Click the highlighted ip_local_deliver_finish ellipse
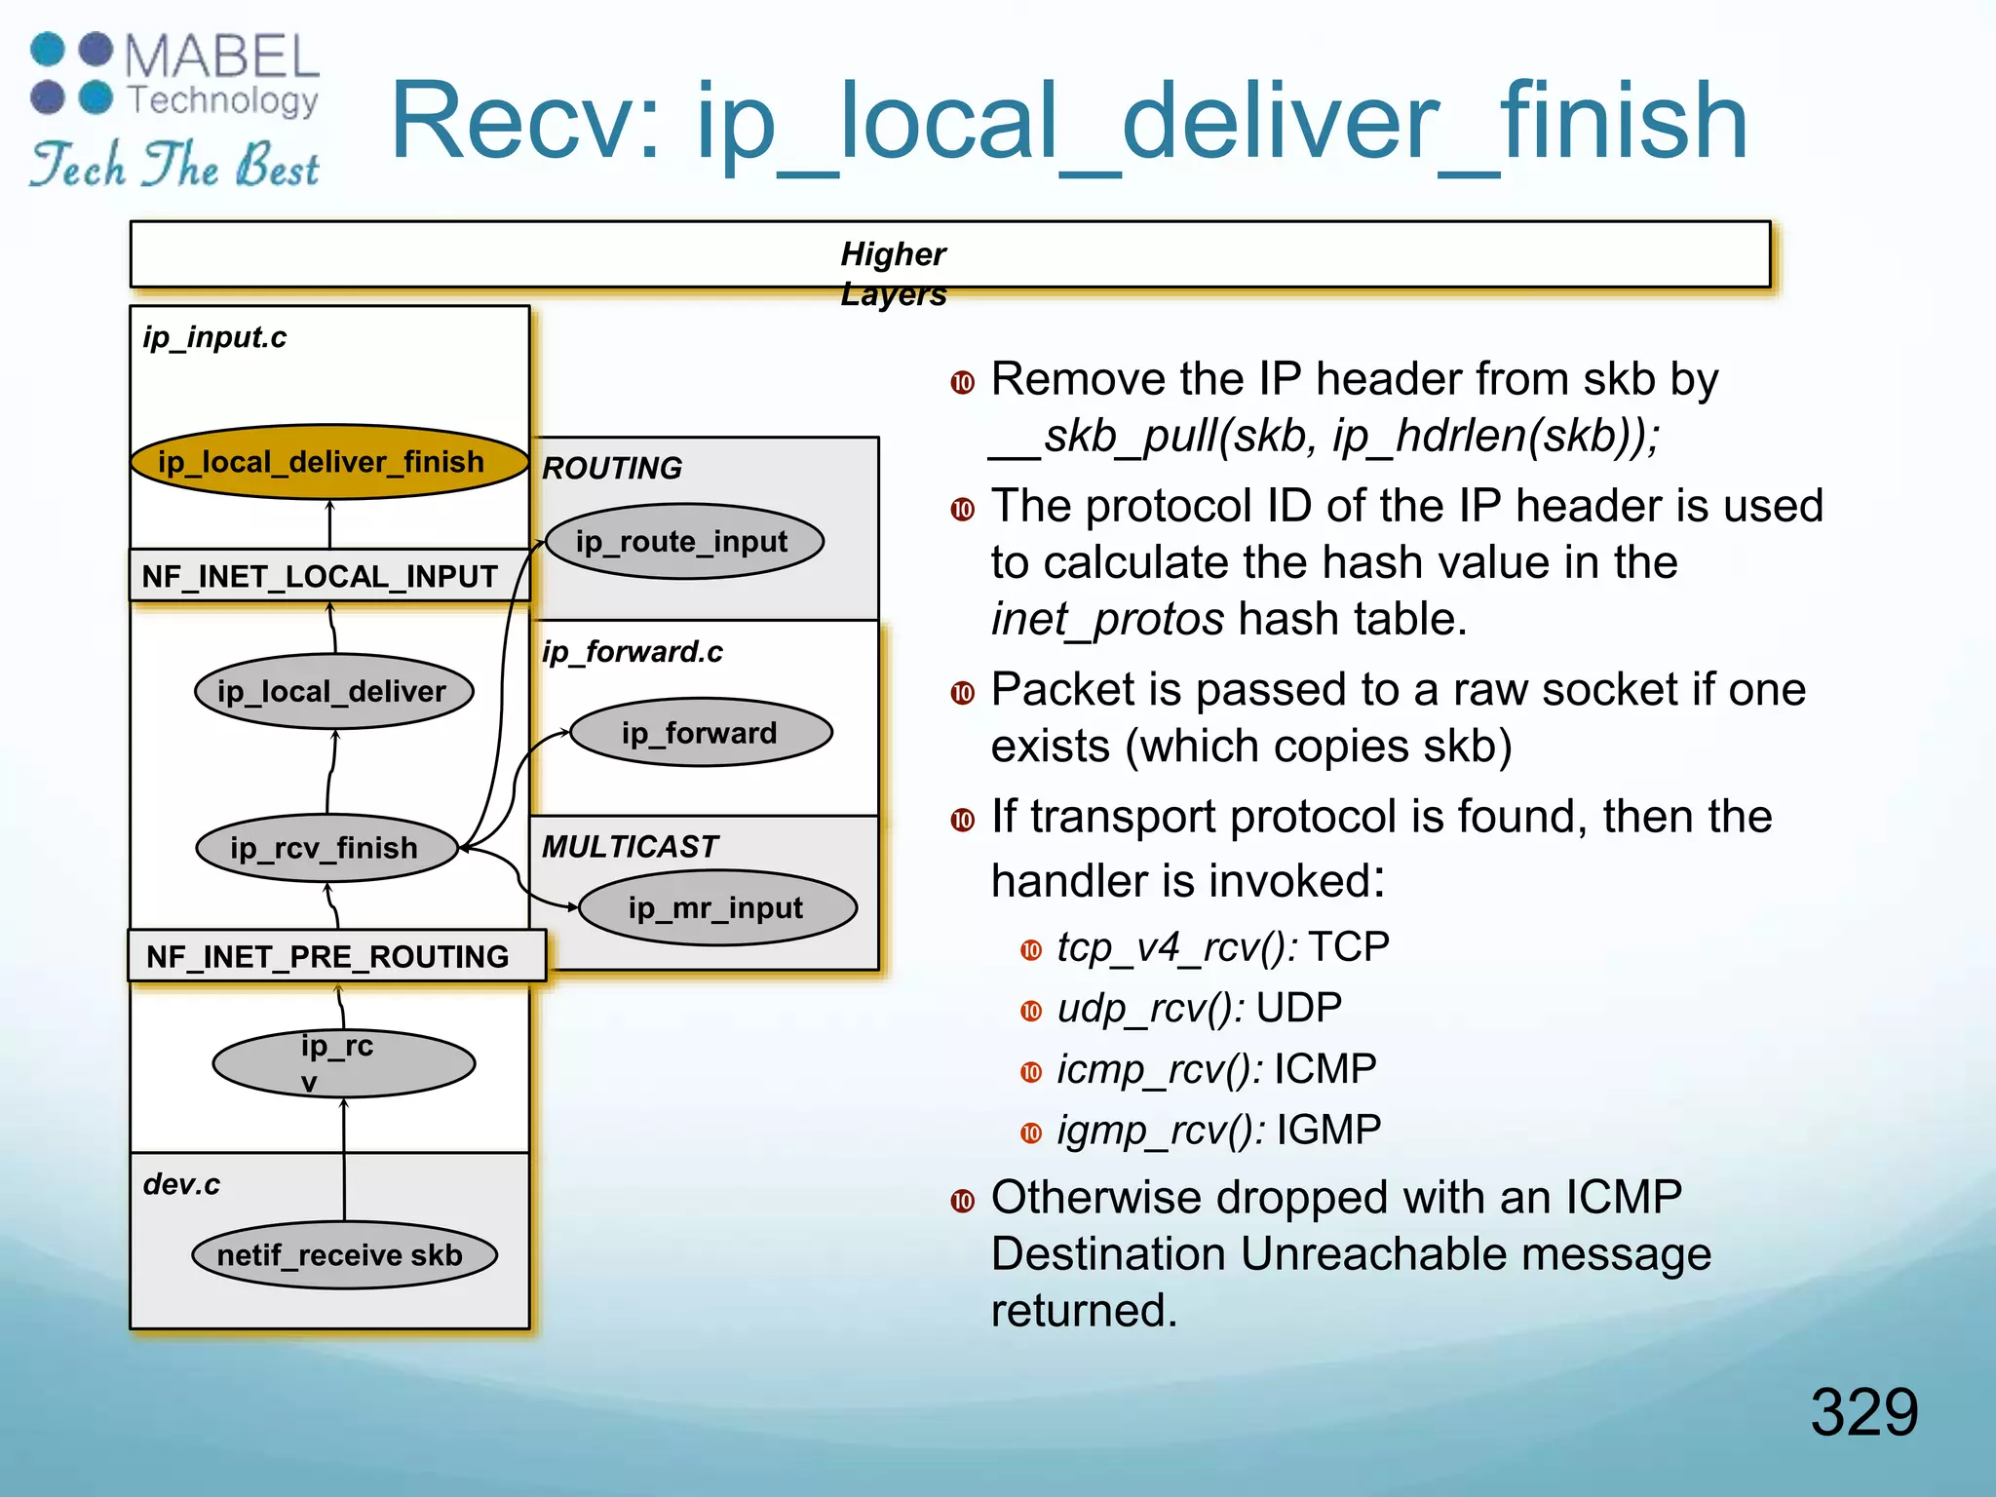point(329,462)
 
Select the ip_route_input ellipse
point(684,541)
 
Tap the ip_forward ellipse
point(700,733)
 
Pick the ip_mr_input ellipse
point(717,908)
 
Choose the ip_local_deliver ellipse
point(333,691)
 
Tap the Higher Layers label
point(893,273)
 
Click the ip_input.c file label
point(214,337)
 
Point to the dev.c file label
point(181,1184)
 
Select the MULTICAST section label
point(630,846)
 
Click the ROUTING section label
point(612,468)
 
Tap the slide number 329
point(1863,1411)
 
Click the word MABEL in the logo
point(222,57)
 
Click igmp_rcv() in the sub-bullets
point(1161,1131)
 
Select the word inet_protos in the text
point(1107,620)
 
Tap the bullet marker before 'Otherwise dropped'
point(963,1201)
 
